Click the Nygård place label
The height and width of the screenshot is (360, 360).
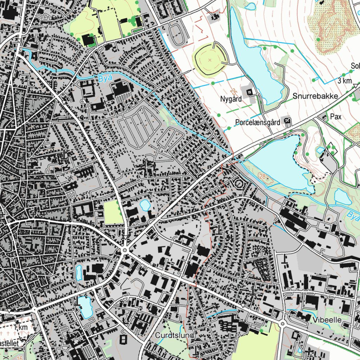click(231, 99)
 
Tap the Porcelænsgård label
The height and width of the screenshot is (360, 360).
click(258, 123)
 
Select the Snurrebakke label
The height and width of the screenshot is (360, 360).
click(315, 96)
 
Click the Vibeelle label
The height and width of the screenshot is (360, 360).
click(327, 320)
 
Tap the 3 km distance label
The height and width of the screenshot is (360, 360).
click(345, 81)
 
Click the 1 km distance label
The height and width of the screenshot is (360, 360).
click(21, 327)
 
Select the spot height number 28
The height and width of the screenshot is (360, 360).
click(262, 176)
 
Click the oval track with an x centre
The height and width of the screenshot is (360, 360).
click(210, 60)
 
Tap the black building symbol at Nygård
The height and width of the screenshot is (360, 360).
click(249, 92)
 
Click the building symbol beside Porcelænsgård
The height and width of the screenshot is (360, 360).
click(288, 121)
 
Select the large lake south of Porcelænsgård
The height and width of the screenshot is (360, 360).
click(278, 162)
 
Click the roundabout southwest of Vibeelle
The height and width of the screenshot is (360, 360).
click(282, 323)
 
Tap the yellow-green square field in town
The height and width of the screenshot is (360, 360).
click(113, 212)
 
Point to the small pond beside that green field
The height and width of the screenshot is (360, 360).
click(144, 205)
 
